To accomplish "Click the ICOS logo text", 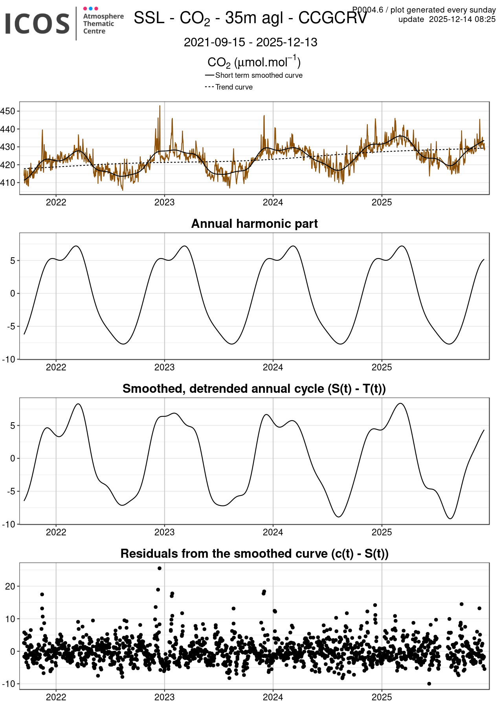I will click(x=37, y=24).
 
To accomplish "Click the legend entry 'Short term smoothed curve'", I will click(x=259, y=75).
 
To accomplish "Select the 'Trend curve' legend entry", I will click(x=234, y=87).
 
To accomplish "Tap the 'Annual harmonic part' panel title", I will click(x=254, y=224).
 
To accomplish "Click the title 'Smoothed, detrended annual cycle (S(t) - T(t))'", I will click(x=254, y=389).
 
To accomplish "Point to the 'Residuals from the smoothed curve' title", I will click(x=254, y=554).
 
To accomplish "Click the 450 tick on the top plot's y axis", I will click(x=8, y=111).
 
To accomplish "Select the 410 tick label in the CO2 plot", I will click(x=8, y=183).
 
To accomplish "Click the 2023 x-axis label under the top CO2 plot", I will click(x=164, y=202).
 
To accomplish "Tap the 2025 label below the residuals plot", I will click(x=382, y=697).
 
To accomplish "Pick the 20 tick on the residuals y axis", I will click(x=10, y=586).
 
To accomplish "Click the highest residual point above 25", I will click(x=160, y=568).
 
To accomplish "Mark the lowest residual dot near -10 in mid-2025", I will click(x=429, y=684).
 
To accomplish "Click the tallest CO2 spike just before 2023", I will click(x=160, y=106).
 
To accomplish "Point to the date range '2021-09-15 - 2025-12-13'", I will click(x=250, y=42).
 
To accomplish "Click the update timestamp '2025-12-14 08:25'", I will click(x=462, y=20).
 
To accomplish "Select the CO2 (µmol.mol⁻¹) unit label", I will click(x=254, y=62).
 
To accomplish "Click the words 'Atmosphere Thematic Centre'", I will click(x=103, y=24).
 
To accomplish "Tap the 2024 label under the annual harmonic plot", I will click(x=273, y=367).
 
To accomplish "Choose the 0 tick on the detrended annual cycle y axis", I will click(x=13, y=458).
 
